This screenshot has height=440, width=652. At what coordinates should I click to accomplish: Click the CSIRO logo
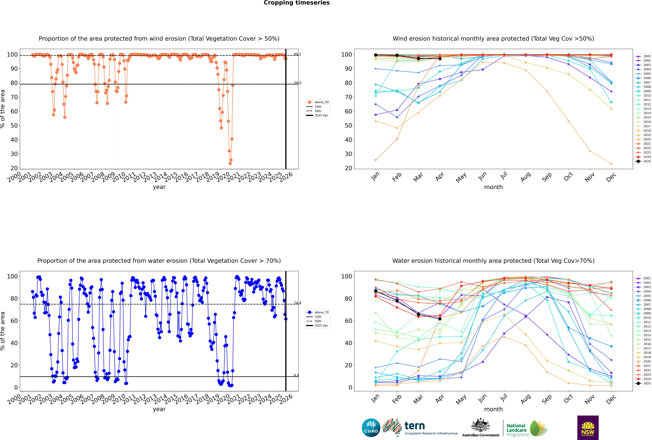point(371,428)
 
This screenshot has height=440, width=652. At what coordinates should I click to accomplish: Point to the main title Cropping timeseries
point(297,3)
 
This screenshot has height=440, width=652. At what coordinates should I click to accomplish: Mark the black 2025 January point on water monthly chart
point(376,291)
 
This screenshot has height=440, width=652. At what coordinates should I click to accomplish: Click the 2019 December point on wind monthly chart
point(611,164)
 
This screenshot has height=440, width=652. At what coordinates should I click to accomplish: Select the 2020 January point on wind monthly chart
point(376,160)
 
